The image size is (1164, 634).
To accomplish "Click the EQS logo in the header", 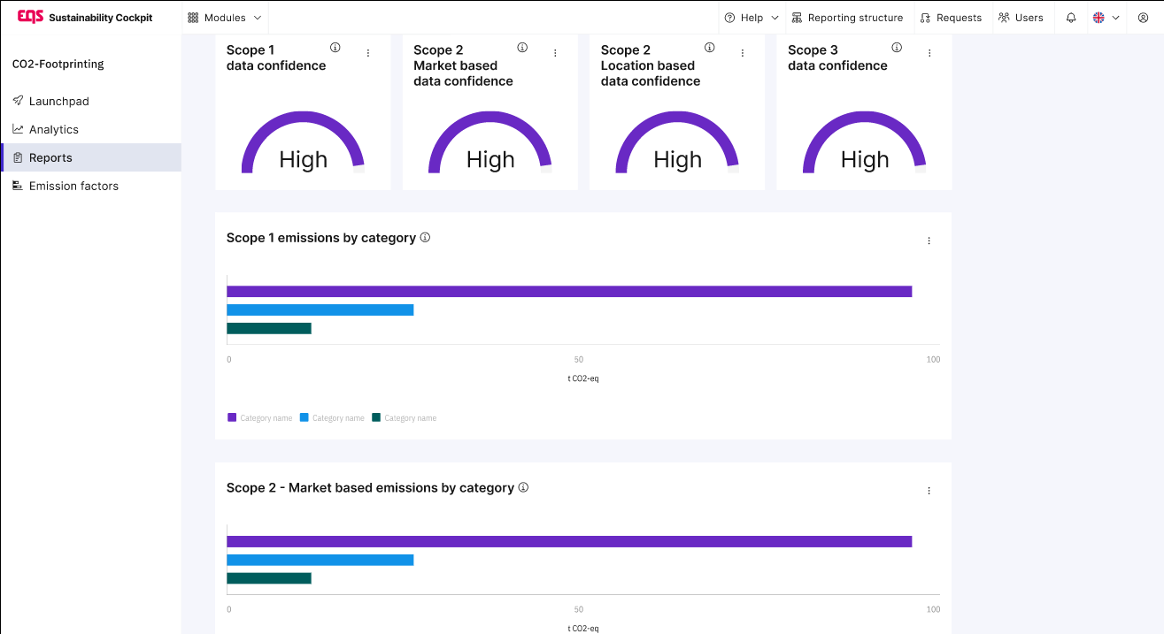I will (31, 17).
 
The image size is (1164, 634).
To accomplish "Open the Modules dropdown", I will (225, 18).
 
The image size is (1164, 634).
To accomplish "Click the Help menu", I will (751, 18).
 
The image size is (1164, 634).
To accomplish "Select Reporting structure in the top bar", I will (847, 18).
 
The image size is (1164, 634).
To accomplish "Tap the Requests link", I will (951, 18).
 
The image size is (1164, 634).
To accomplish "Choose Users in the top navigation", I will (1021, 18).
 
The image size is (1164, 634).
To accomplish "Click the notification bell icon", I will (1071, 18).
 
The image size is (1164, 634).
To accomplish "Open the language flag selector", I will (1106, 18).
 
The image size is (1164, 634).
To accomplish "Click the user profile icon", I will (1143, 18).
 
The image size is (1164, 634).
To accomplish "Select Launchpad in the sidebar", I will (58, 102).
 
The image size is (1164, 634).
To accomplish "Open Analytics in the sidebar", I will (53, 130).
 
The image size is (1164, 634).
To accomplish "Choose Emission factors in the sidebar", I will (73, 187).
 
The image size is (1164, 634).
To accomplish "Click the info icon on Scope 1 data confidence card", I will (335, 48).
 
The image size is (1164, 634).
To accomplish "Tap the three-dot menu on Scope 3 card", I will (929, 54).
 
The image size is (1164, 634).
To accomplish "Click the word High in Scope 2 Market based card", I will (490, 160).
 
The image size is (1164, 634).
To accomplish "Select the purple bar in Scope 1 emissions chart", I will (568, 292).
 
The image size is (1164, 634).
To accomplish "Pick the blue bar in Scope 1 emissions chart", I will (320, 310).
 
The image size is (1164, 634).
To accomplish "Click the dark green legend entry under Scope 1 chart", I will (405, 418).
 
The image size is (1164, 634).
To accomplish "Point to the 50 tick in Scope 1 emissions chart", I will (579, 360).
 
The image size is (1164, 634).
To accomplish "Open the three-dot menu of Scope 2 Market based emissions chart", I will (929, 491).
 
